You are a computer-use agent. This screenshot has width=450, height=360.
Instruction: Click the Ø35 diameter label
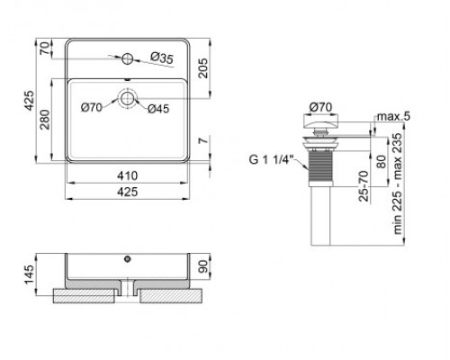click(x=162, y=58)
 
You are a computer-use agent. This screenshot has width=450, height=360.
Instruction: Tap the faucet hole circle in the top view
click(x=128, y=58)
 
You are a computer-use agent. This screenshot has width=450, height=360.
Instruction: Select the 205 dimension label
click(x=203, y=68)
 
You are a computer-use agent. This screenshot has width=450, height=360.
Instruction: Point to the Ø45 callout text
click(x=158, y=109)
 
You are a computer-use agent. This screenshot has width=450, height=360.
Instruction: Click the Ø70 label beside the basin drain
click(x=92, y=107)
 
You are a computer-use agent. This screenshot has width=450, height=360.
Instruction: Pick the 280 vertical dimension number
click(x=45, y=120)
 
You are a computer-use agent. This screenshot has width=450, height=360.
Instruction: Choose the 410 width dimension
click(x=128, y=175)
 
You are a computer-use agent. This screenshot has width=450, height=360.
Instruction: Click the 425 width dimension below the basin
click(x=128, y=192)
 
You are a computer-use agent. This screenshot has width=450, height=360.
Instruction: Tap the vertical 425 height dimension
click(x=29, y=101)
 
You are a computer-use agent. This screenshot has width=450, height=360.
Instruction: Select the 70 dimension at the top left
click(x=44, y=48)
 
